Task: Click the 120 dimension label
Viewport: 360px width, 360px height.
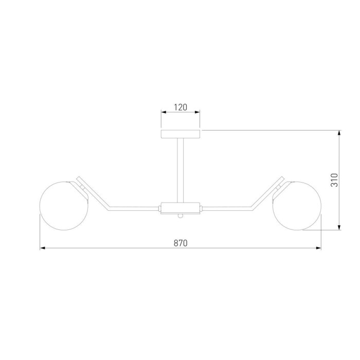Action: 180,107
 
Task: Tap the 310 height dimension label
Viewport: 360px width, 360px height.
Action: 334,180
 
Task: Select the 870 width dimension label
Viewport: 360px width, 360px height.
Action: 181,243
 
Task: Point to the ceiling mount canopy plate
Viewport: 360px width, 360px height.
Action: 180,134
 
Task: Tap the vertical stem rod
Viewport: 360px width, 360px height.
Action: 180,170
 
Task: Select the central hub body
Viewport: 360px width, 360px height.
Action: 180,208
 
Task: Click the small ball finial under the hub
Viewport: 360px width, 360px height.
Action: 181,216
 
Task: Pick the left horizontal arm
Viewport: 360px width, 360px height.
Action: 134,208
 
